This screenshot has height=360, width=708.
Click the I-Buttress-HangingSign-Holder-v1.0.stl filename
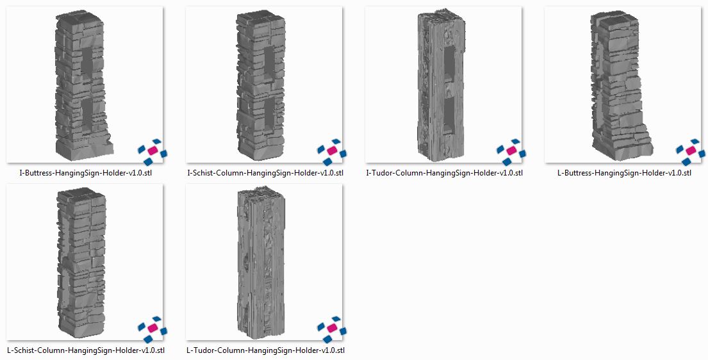coord(85,173)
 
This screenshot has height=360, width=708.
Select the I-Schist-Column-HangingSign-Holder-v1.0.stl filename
coord(265,173)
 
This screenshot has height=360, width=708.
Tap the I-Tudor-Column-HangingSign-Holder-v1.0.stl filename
coord(444,173)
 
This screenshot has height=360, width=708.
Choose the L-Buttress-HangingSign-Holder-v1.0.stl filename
coord(624,173)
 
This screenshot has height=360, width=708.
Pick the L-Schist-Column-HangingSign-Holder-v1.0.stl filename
coord(86,350)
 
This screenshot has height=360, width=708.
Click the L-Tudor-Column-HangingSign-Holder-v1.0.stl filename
coord(265,350)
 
